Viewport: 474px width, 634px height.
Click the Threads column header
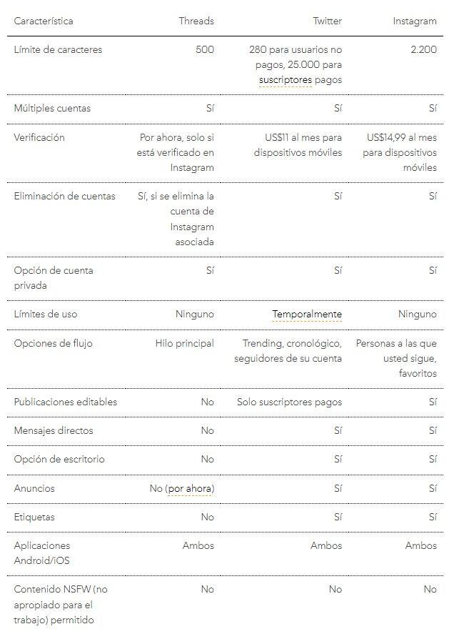[196, 21]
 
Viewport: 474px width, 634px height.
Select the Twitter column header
[327, 21]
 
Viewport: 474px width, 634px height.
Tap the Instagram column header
[414, 21]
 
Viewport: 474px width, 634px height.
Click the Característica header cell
[43, 21]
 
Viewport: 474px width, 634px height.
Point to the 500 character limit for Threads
[204, 49]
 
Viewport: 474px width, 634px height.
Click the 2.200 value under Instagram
[423, 49]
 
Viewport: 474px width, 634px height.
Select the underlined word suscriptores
[286, 80]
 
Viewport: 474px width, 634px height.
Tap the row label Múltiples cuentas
[52, 108]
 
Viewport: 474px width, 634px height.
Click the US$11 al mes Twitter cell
[298, 144]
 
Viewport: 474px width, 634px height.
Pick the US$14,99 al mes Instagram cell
[401, 152]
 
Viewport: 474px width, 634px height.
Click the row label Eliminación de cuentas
[64, 196]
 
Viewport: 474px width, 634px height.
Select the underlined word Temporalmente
[307, 314]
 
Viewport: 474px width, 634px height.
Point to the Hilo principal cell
[184, 343]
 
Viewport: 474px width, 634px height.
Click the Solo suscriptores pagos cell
[289, 402]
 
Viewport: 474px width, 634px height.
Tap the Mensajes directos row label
[54, 430]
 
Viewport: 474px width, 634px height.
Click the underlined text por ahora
[190, 488]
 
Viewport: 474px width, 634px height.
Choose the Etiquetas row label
[34, 517]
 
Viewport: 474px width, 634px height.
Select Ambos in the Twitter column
[326, 545]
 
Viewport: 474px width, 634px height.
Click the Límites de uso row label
[46, 314]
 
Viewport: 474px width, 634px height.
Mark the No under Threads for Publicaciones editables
[207, 402]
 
